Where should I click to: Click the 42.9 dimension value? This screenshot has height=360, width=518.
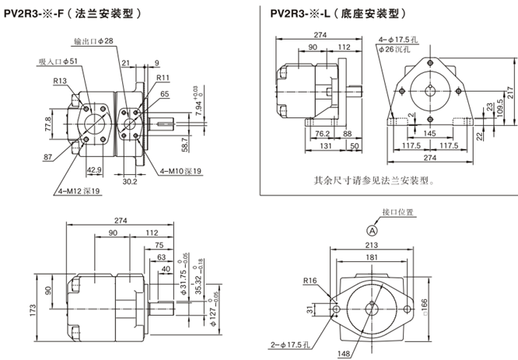[93, 170]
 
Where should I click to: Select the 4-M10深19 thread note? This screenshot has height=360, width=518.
[180, 171]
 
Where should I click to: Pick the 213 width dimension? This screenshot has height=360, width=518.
[372, 246]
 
